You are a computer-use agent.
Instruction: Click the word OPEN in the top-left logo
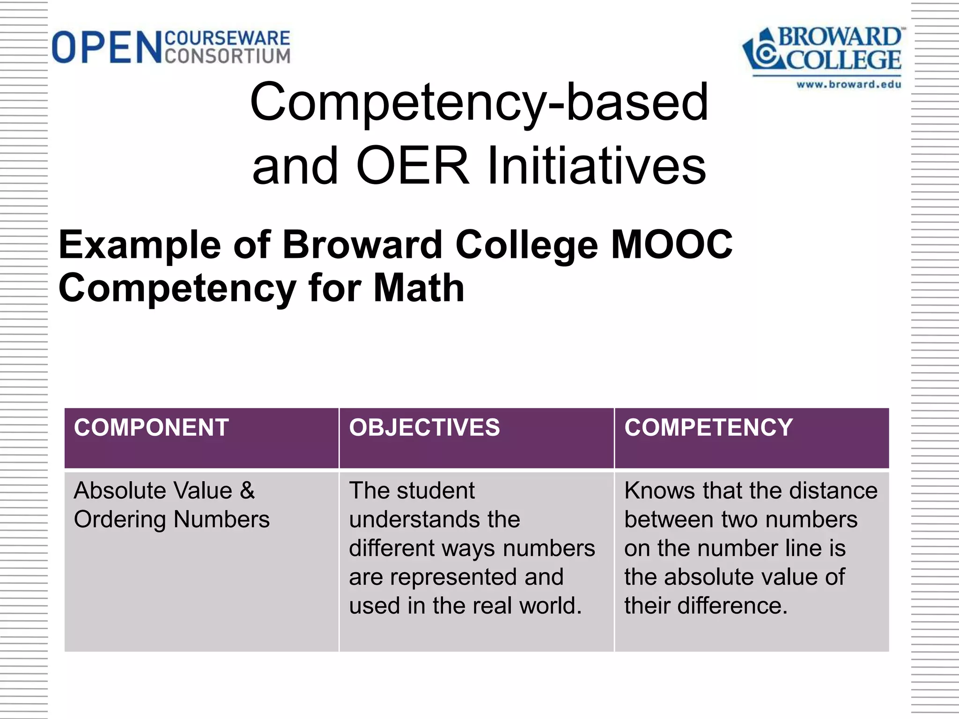point(107,47)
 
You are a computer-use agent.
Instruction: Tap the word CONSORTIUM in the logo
point(228,56)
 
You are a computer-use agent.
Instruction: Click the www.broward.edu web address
point(848,85)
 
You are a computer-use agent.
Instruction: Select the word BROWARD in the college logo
point(839,37)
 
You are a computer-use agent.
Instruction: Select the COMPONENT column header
point(151,428)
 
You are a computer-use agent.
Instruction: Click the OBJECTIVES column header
point(424,428)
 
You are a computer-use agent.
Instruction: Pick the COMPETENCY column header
point(708,428)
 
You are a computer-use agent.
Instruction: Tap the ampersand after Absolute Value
point(247,491)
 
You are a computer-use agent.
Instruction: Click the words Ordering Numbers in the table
point(171,520)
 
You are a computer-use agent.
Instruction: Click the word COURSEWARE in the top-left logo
point(228,38)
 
